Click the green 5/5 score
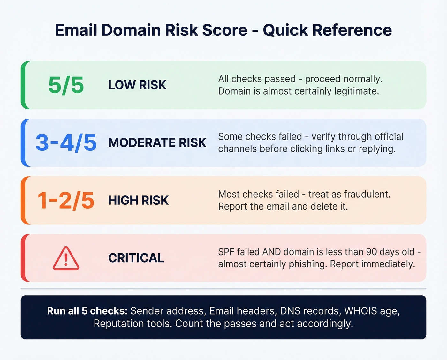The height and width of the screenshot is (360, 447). (66, 85)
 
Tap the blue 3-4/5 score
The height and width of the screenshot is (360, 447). (66, 142)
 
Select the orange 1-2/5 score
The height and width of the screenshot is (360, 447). (66, 201)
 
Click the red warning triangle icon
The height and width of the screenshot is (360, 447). (66, 258)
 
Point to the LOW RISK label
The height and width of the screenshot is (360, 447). (137, 85)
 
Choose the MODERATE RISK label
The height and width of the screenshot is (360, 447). (157, 143)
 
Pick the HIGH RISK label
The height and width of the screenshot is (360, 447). (138, 201)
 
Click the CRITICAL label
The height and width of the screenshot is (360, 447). (136, 258)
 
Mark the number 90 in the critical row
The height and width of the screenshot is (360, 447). (371, 252)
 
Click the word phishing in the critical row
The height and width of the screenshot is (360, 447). (308, 264)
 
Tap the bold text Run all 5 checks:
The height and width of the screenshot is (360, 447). (87, 311)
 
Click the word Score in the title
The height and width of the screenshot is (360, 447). (225, 30)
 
